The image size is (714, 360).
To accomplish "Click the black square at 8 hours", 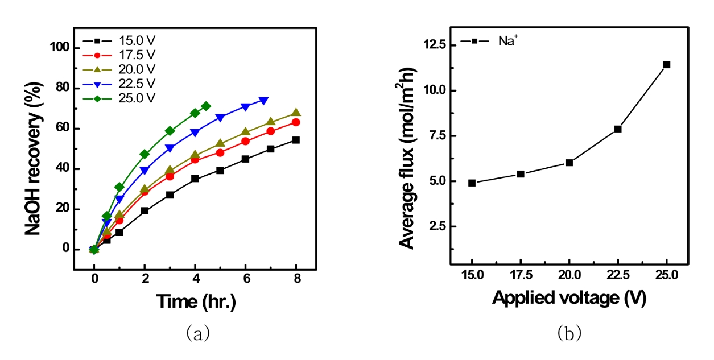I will pyautogui.click(x=296, y=140).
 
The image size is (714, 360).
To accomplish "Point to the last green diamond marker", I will pyautogui.click(x=206, y=106).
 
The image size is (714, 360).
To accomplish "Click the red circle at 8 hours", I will pyautogui.click(x=296, y=122).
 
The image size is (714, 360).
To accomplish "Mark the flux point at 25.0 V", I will pyautogui.click(x=666, y=64).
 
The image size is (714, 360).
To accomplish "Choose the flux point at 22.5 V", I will pyautogui.click(x=618, y=129).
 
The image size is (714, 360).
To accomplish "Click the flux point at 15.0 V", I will pyautogui.click(x=472, y=183).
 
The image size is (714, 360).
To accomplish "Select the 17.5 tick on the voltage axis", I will pyautogui.click(x=521, y=275).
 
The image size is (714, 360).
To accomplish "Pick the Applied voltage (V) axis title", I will pyautogui.click(x=569, y=297).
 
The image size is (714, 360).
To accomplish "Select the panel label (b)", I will pyautogui.click(x=569, y=333).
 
